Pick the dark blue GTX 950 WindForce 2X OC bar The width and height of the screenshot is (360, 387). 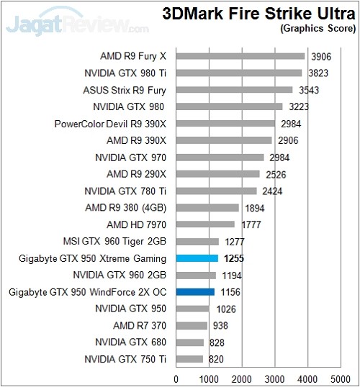(x=195, y=291)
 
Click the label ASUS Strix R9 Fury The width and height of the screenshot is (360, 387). (x=125, y=89)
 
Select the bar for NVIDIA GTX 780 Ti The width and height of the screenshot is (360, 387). (x=216, y=191)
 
